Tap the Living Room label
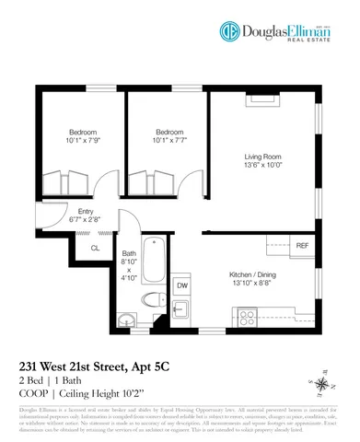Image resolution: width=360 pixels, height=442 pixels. [x=263, y=156]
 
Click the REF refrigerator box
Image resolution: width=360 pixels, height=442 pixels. [x=302, y=245]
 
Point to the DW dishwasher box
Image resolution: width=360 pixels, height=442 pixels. [x=182, y=285]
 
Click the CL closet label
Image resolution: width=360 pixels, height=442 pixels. [x=95, y=248]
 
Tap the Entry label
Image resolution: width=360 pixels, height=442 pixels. [x=73, y=211]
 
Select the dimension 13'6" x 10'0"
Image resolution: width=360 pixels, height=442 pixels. [x=263, y=166]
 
